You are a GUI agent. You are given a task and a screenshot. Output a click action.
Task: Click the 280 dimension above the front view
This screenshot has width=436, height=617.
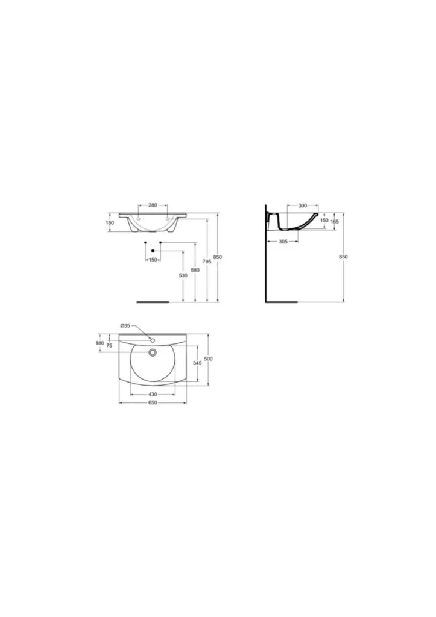point(153,205)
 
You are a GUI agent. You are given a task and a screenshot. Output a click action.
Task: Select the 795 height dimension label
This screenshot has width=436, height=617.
point(206,261)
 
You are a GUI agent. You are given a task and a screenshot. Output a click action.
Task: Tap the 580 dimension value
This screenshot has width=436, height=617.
point(195,270)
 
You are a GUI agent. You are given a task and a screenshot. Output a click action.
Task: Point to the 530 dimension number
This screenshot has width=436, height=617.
point(182,275)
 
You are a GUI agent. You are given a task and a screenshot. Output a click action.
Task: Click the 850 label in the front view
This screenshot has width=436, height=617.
point(218,257)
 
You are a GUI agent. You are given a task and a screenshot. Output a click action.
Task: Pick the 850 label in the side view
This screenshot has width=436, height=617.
point(343,257)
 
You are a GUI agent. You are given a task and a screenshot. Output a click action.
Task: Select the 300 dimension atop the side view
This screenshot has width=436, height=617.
point(302,205)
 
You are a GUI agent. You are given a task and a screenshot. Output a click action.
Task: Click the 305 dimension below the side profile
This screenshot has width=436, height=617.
point(283,242)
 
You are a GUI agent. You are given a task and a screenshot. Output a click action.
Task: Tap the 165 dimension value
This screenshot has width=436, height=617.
point(335,221)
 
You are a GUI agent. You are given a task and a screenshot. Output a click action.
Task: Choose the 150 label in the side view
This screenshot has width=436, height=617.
point(324,221)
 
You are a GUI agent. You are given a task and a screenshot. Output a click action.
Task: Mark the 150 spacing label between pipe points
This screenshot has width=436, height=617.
point(153,260)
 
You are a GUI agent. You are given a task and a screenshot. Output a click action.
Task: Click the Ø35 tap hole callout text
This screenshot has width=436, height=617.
point(125,325)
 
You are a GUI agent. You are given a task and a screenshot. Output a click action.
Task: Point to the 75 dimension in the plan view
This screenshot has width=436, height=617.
point(109,345)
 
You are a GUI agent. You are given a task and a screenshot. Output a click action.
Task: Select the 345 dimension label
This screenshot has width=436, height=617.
point(197,363)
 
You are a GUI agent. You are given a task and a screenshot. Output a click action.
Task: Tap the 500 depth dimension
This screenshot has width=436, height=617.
point(208,359)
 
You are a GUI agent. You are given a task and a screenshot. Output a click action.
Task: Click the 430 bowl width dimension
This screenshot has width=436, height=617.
point(153,395)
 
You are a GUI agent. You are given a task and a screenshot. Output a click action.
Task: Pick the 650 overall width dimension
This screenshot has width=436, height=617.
point(153,403)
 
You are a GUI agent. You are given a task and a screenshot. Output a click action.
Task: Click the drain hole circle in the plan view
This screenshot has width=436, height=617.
point(153,352)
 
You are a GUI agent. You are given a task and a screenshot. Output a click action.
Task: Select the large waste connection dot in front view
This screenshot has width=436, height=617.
point(153,251)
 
